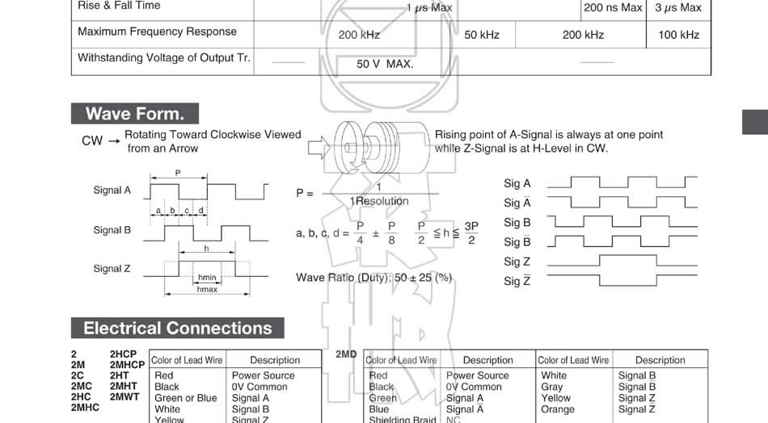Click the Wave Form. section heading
pos(135,114)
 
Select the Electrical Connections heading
pos(178,329)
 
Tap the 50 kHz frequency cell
pos(482,35)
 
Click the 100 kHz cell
pos(678,35)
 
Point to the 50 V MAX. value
pos(385,64)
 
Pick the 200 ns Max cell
pos(613,8)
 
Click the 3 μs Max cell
pos(677,8)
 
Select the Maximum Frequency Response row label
pos(157,31)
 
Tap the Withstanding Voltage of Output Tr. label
pos(164,58)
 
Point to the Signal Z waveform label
pos(112,269)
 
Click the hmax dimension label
pos(207,289)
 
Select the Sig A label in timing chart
pos(517,184)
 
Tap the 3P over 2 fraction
pos(471,233)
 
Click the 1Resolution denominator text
pos(379,202)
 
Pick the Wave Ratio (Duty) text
pos(374,278)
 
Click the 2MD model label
pos(346,354)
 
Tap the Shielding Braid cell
pos(402,420)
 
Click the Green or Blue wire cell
pos(186,398)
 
